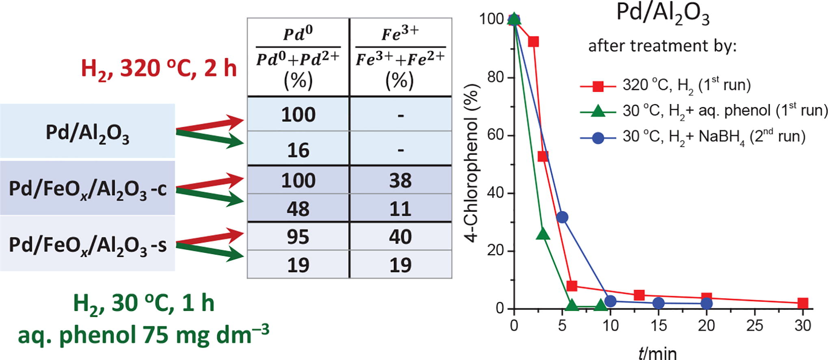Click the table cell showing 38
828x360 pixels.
coord(400,180)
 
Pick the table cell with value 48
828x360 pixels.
coord(298,208)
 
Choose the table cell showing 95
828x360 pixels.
coord(298,236)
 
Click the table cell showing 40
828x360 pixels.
coord(400,236)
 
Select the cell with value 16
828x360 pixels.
coord(298,150)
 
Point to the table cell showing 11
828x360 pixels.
coord(400,208)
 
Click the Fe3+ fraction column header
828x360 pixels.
coord(400,57)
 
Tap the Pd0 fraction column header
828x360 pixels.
coord(298,57)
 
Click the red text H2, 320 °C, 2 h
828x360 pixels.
coord(159,68)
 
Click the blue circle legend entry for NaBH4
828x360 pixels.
coord(598,138)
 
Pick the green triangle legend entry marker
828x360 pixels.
coord(598,111)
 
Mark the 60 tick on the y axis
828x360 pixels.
coord(495,135)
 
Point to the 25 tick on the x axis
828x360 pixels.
coord(754,325)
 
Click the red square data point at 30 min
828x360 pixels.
coord(802,303)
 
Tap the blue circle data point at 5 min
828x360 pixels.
coord(562,217)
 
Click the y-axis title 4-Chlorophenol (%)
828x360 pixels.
coord(472,163)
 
